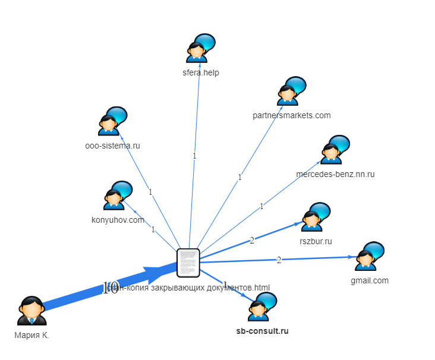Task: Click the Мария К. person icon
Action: [x=31, y=311]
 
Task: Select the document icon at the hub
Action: [x=188, y=263]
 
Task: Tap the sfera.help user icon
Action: [x=200, y=49]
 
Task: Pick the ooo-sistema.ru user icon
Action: [x=112, y=122]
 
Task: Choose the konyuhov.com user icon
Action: [x=117, y=196]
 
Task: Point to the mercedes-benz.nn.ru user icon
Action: [x=334, y=150]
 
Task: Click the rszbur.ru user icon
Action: [x=315, y=217]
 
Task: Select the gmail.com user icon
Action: [x=369, y=257]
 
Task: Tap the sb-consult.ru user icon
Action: [x=262, y=307]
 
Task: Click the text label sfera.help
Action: [x=201, y=73]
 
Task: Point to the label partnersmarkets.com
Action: [x=291, y=115]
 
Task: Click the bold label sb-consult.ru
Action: [x=262, y=331]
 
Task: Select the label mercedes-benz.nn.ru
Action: [x=335, y=174]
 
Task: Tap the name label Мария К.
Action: [x=31, y=335]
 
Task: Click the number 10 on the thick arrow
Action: [x=110, y=289]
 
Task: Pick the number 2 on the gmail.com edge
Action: [x=279, y=260]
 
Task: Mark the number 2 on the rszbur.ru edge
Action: [x=252, y=240]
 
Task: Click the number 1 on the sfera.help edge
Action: [x=194, y=156]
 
